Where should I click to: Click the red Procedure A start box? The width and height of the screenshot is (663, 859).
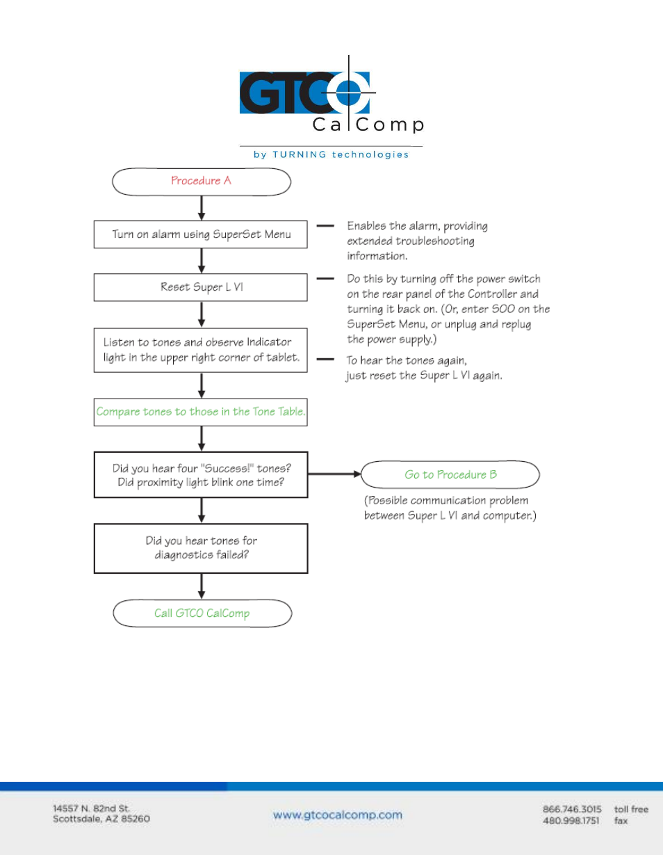202,182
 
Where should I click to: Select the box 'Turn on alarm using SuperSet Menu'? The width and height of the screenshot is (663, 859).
201,234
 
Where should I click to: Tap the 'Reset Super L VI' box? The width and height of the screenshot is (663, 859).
201,287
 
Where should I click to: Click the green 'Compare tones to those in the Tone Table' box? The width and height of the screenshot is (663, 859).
201,412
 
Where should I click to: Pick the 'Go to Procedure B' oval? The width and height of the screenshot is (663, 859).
450,474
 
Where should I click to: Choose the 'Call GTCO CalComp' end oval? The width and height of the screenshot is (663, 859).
202,613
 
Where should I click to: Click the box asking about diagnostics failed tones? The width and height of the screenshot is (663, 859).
201,548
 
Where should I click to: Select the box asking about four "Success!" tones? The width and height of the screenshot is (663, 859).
201,474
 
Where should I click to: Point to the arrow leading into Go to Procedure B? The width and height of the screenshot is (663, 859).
334,474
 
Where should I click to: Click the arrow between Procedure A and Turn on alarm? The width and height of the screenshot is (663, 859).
202,208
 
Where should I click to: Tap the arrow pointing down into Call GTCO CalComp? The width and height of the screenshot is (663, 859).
202,586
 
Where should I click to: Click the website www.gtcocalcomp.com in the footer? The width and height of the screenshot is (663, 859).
337,814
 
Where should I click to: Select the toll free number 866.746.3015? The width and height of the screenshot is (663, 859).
572,809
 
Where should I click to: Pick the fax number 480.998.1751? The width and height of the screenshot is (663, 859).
571,821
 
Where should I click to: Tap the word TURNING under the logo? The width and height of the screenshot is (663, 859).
300,154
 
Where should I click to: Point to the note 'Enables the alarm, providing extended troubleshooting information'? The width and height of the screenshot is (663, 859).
417,241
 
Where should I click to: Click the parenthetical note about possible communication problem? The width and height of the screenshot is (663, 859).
450,508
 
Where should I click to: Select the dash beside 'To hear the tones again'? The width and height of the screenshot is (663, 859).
325,360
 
